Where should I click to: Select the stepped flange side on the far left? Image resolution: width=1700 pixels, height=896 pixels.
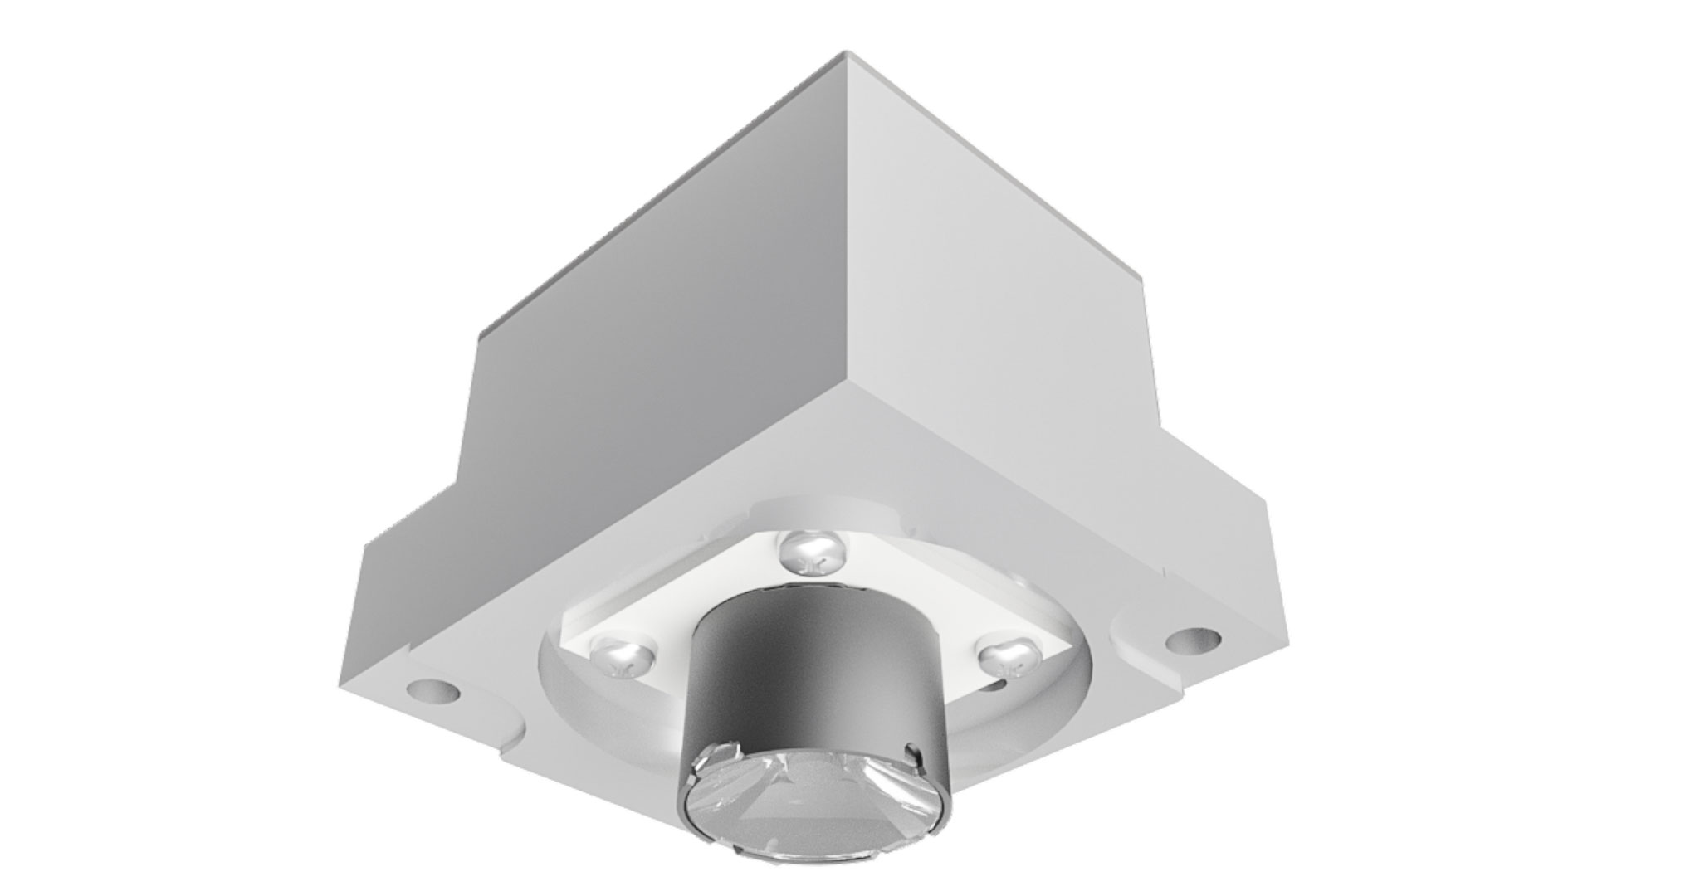382,631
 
